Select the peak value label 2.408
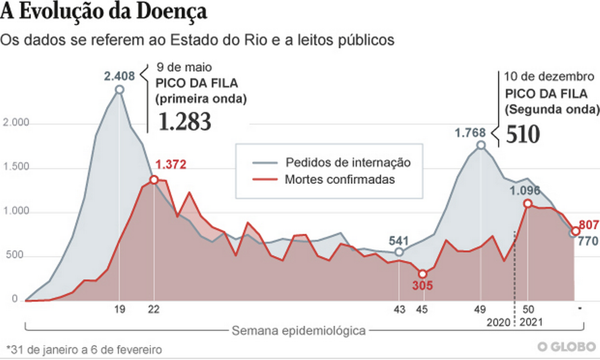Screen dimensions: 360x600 point(118,76)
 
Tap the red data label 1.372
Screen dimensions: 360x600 point(171,165)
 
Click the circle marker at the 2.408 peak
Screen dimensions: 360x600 point(119,89)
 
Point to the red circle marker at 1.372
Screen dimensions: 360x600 point(154,179)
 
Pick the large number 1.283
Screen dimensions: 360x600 point(185,122)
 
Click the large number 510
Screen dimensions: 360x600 point(522,134)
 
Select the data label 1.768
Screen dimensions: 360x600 point(470,133)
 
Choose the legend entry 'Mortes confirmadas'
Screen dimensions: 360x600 point(340,179)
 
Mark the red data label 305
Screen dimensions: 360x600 point(422,286)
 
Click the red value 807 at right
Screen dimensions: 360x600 point(589,225)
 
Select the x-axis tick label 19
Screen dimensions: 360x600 point(119,310)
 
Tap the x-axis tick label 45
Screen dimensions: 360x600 point(423,310)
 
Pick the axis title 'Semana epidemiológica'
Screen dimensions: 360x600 point(298,331)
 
